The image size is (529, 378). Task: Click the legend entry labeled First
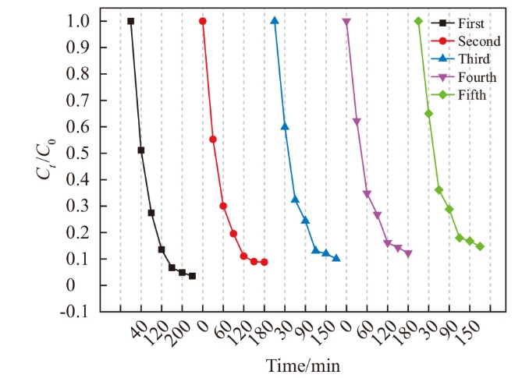[x=469, y=23]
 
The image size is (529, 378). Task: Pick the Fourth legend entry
[x=474, y=77]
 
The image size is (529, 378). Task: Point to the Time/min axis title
[x=303, y=364]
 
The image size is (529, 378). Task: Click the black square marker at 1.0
[x=130, y=21]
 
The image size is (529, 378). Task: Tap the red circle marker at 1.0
[x=203, y=21]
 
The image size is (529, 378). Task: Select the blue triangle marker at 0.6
[x=285, y=126]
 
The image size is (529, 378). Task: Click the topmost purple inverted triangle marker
[x=346, y=22]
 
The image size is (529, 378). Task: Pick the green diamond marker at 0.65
[x=428, y=114]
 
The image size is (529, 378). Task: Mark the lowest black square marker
[x=192, y=276]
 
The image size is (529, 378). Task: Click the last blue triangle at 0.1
[x=336, y=258]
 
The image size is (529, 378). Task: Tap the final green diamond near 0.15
[x=480, y=246]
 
